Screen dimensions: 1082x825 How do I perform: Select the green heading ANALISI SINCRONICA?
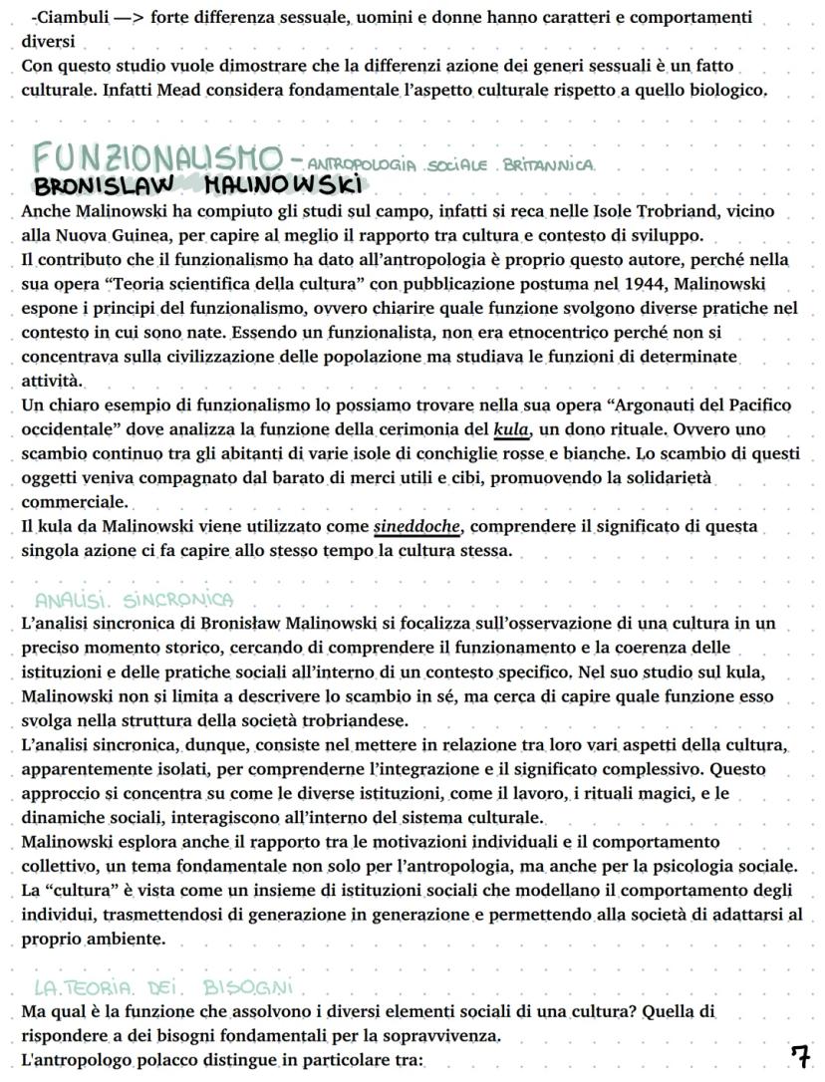click(x=134, y=600)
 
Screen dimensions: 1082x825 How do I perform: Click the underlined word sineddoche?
click(x=417, y=525)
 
